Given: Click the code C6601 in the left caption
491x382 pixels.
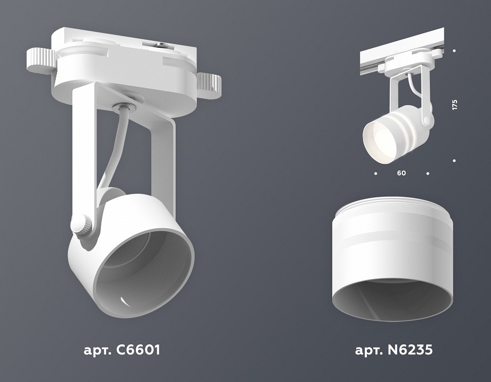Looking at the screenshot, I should click(136, 350).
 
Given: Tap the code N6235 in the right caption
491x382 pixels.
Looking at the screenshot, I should click(409, 350).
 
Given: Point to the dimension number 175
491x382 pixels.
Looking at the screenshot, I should click(454, 105).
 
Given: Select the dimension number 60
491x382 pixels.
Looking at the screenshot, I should click(401, 173).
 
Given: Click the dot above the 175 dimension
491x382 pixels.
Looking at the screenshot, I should click(455, 51).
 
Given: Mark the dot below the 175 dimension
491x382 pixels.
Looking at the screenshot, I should click(455, 160).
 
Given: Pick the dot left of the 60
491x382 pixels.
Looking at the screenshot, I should click(376, 173).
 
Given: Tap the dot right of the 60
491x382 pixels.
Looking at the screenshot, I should click(428, 173).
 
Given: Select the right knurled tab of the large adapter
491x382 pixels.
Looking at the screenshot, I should click(210, 83).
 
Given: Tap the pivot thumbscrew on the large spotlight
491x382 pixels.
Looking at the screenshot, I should click(82, 224).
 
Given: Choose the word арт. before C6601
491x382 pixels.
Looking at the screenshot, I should click(96, 350).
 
